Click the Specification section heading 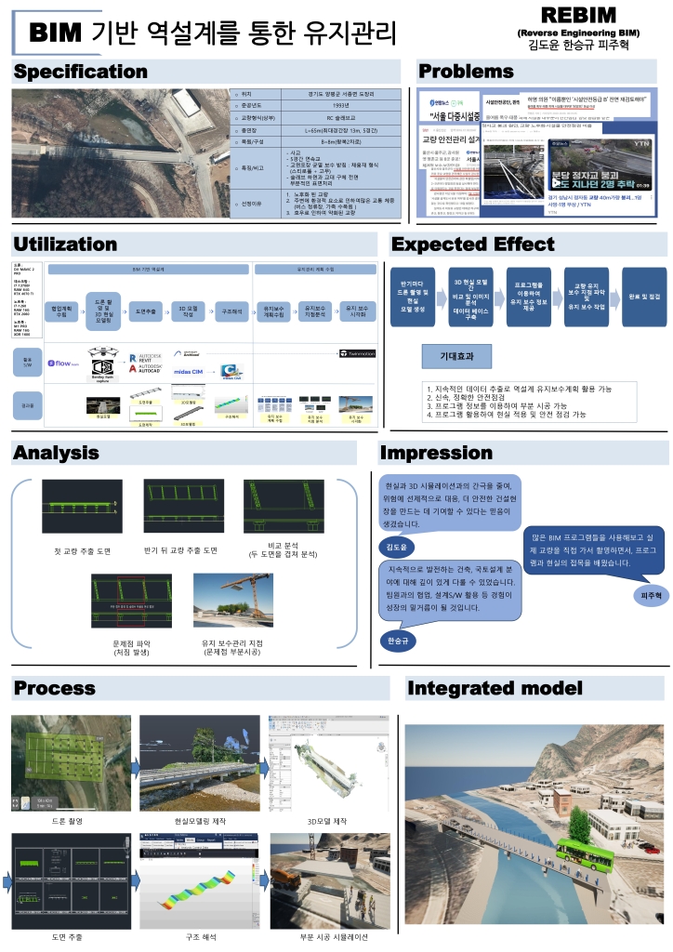click(80, 72)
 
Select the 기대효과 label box click(452, 356)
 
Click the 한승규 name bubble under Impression click(398, 641)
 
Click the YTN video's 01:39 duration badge click(642, 186)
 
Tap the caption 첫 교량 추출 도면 click(82, 551)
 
